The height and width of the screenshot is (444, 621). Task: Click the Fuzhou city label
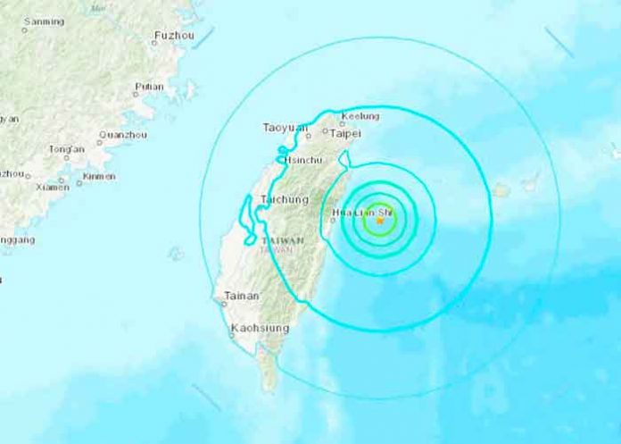(172, 35)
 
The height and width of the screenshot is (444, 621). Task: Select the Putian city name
(148, 87)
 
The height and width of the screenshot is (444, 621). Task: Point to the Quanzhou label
(116, 134)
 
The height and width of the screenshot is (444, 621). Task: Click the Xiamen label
(53, 187)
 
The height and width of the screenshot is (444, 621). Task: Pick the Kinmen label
(98, 176)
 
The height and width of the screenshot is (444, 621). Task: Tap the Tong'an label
(67, 148)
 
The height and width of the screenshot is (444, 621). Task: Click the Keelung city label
(361, 116)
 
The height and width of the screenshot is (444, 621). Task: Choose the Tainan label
(241, 296)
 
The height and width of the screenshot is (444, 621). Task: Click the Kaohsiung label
(260, 328)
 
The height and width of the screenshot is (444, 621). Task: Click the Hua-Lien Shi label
(360, 213)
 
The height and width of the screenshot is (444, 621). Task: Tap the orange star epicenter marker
(380, 220)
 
